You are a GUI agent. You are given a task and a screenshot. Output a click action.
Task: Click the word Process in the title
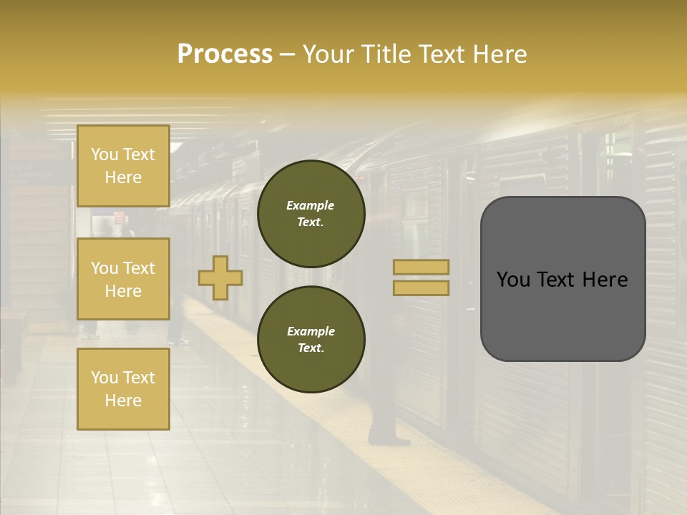point(225,54)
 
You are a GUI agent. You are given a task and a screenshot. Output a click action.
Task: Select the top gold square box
point(123,166)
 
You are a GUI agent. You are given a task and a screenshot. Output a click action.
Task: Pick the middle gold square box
point(123,279)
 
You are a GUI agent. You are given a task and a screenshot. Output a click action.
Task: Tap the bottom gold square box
point(123,388)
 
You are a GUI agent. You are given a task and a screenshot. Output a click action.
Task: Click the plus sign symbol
point(220,278)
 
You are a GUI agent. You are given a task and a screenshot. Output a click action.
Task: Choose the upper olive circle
point(311,213)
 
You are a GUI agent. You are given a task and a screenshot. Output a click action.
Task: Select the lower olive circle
point(311,339)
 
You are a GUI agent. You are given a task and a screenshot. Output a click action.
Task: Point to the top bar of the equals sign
point(422,268)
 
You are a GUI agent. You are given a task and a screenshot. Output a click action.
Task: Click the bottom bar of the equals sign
point(422,288)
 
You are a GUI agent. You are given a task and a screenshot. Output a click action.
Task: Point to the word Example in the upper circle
point(310,205)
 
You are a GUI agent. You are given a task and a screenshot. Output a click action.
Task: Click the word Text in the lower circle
point(310,348)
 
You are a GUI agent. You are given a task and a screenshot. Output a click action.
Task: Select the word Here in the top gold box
point(123,177)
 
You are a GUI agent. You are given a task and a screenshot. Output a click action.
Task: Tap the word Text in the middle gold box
point(138,268)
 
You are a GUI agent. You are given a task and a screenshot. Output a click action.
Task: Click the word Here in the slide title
point(500,54)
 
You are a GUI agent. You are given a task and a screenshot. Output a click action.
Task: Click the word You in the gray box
point(513,280)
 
